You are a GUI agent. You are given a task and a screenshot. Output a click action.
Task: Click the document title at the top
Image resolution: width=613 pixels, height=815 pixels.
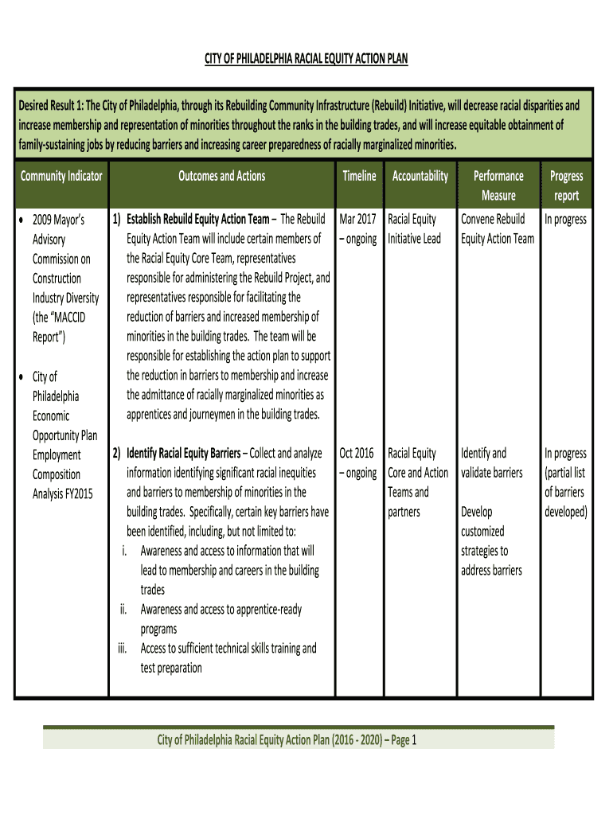tap(306, 60)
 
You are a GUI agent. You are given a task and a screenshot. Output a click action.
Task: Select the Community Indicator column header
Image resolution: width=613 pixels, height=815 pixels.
tap(61, 176)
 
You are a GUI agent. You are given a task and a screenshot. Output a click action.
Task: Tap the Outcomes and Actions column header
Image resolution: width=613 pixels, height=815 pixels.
tap(222, 176)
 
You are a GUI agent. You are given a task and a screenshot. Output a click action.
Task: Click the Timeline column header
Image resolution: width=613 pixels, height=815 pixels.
tap(359, 176)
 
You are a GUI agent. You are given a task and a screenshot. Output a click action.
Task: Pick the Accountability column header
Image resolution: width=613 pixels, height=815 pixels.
tap(420, 176)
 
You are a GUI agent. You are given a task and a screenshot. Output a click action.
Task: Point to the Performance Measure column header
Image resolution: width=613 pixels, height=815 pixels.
tap(498, 185)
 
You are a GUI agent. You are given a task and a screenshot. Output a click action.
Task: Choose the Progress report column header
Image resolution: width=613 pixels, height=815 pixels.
tap(566, 185)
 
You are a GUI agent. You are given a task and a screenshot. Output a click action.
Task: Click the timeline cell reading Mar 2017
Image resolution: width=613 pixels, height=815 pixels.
tap(357, 219)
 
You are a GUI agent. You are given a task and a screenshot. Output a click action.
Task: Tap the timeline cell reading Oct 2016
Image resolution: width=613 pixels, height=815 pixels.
tap(357, 454)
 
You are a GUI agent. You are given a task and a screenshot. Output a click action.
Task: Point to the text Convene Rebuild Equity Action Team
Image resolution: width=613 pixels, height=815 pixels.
tap(498, 228)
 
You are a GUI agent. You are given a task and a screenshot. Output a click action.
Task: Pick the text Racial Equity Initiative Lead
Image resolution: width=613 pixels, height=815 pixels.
tap(414, 228)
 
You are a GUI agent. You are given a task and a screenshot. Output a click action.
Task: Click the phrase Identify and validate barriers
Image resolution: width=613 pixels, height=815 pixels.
tap(491, 463)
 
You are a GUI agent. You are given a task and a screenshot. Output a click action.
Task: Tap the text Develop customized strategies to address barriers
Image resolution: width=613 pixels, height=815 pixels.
tap(492, 541)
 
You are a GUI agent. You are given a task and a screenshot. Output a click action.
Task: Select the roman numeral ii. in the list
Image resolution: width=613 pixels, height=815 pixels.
tap(124, 610)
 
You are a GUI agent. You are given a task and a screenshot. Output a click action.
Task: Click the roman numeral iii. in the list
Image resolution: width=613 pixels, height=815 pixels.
tap(123, 649)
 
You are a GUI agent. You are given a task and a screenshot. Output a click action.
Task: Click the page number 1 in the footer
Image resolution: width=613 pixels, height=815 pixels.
tap(414, 742)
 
